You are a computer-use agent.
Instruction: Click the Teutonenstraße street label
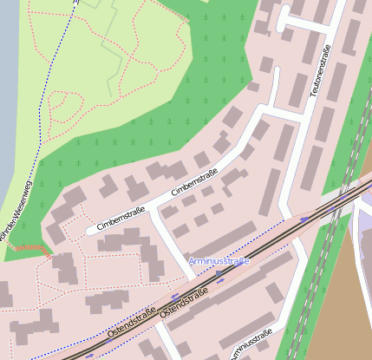click(322, 82)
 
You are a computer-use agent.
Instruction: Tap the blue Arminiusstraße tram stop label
click(218, 261)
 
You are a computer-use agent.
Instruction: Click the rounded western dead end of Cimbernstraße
click(90, 230)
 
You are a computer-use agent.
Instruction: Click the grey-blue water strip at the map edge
click(8, 87)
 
